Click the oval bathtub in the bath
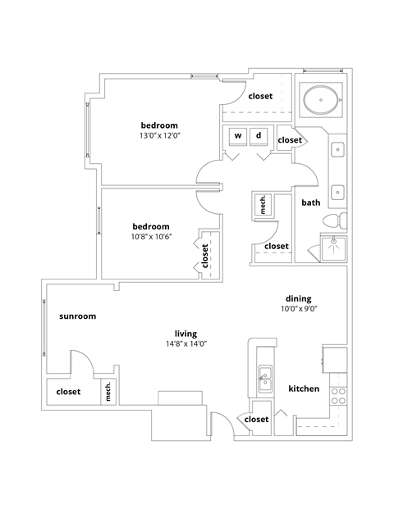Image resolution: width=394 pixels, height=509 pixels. [x=320, y=102]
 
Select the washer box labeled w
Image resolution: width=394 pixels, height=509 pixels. [x=238, y=136]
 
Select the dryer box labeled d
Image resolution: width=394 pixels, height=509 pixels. [x=259, y=136]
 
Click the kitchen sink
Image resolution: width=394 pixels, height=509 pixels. [x=265, y=375]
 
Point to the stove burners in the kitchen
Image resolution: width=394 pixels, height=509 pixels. [x=337, y=397]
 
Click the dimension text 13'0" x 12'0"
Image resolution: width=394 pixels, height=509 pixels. [x=159, y=136]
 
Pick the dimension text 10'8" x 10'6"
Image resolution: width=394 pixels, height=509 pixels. [x=151, y=238]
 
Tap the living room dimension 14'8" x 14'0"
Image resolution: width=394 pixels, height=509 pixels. [x=186, y=344]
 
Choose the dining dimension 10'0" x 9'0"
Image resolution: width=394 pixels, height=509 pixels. [x=299, y=309]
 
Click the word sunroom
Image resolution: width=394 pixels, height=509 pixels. [x=78, y=316]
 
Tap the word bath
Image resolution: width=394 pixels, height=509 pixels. [x=310, y=202]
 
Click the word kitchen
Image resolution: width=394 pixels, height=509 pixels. [x=304, y=389]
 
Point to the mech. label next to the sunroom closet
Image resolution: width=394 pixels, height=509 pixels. [x=107, y=393]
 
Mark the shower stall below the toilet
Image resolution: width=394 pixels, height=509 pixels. [x=333, y=248]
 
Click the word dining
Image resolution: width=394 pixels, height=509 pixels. [x=299, y=298]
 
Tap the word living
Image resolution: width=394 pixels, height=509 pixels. [x=186, y=334]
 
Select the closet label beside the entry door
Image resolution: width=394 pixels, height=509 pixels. [x=256, y=420]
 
